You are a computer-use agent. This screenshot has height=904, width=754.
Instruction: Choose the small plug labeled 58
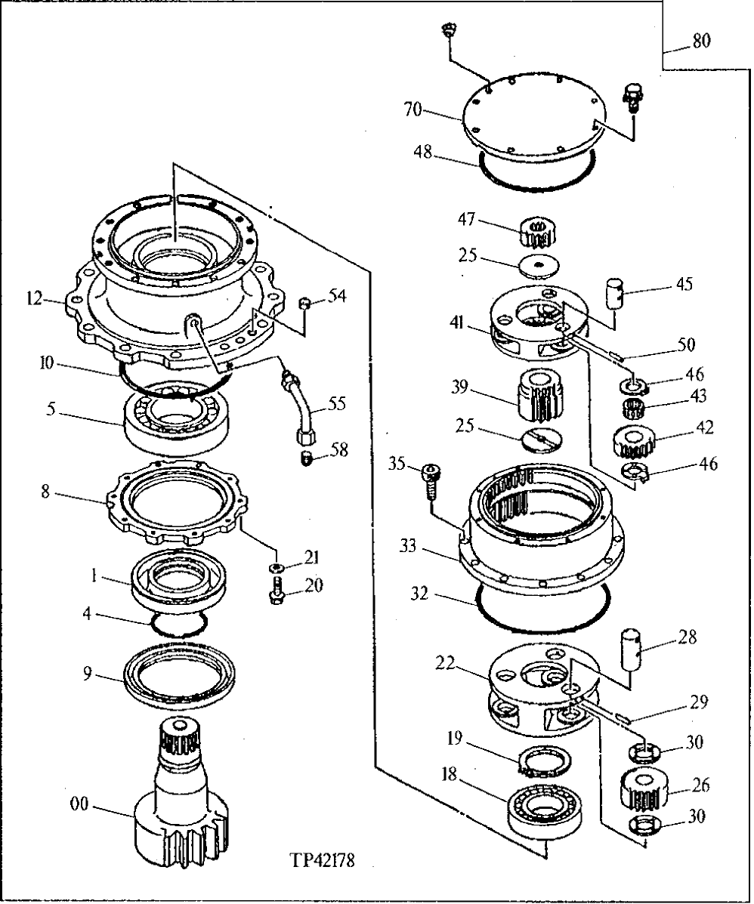pyautogui.click(x=306, y=458)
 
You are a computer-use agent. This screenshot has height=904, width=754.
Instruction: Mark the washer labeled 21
pyautogui.click(x=277, y=568)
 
